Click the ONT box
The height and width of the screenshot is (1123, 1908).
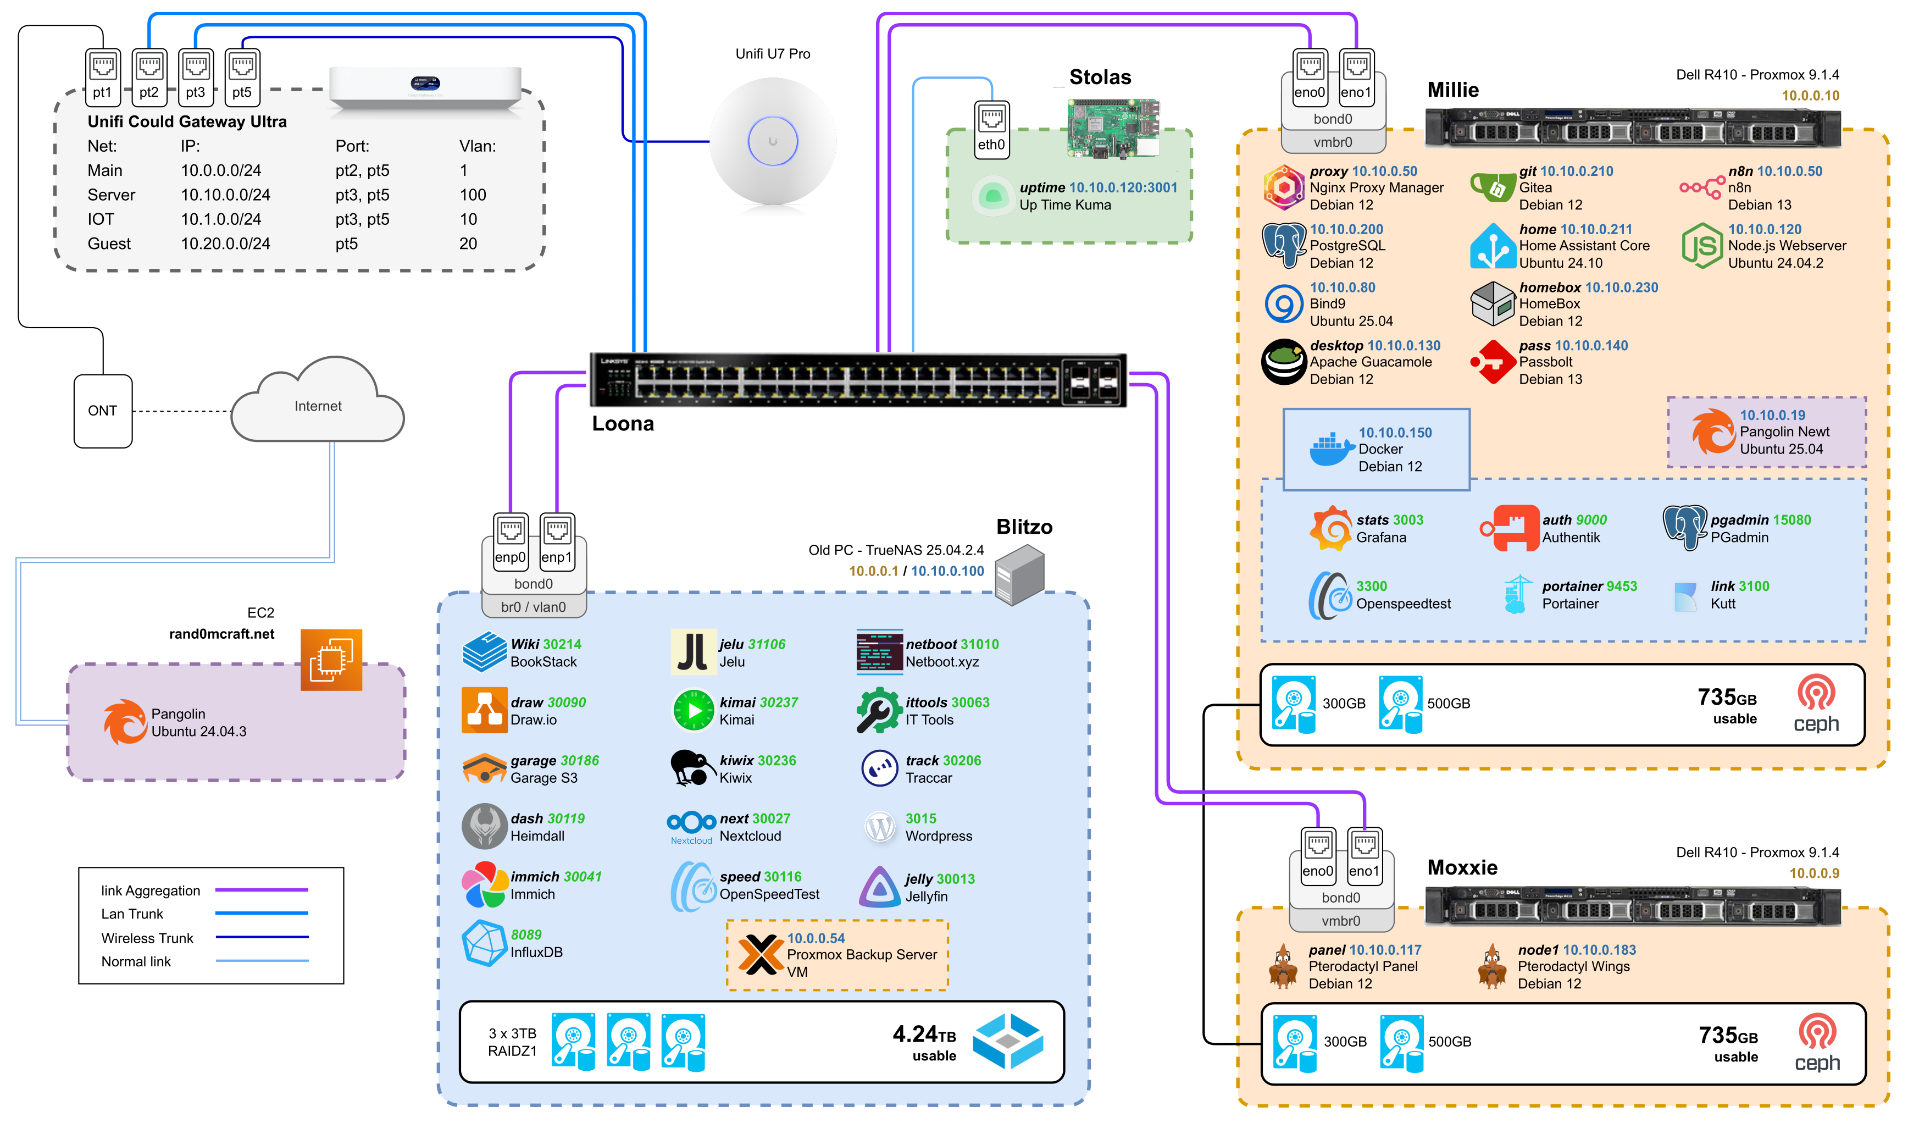pos(103,411)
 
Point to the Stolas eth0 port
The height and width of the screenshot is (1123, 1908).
pos(991,130)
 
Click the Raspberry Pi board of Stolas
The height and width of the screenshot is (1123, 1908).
pos(1112,126)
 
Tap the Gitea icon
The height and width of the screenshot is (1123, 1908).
pos(1491,187)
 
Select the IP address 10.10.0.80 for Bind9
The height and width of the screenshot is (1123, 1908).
pos(1343,287)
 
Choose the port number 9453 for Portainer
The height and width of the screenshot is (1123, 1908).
pos(1622,586)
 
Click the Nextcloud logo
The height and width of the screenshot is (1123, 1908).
pos(691,826)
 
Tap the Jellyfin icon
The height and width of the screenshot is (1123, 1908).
pos(879,887)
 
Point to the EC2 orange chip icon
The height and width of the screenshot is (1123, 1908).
pos(331,659)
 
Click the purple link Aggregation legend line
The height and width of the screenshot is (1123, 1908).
pos(261,890)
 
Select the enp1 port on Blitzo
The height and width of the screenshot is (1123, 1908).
pos(557,539)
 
